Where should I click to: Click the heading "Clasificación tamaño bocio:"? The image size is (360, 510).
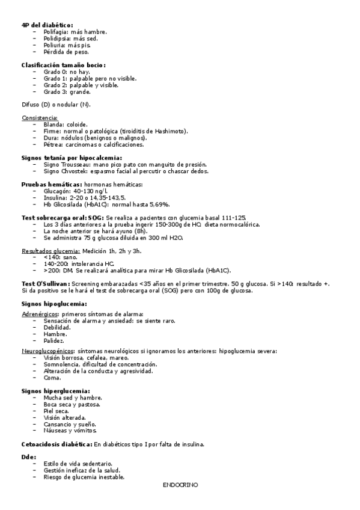[x=64, y=65]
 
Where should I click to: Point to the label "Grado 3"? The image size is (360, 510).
[x=55, y=92]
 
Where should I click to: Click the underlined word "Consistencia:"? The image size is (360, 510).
[x=40, y=117]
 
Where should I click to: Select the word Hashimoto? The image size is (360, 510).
[x=171, y=131]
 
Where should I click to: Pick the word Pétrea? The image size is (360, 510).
[x=53, y=144]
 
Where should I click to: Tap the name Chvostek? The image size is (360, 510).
[x=75, y=171]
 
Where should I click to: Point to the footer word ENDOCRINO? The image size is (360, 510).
[x=180, y=484]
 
